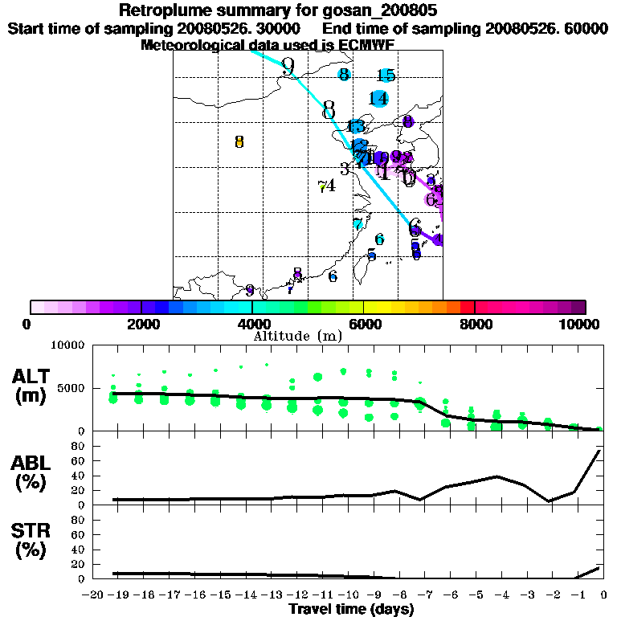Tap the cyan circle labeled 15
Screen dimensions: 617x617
(386, 76)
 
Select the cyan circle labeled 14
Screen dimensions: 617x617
(379, 99)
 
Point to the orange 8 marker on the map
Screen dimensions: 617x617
(239, 142)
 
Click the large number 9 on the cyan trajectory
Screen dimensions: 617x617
(288, 67)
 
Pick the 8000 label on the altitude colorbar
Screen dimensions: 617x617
(474, 324)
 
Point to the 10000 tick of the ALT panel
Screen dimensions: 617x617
(67, 345)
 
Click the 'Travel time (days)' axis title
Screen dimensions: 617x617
(351, 610)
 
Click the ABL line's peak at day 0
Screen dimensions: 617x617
(600, 451)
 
